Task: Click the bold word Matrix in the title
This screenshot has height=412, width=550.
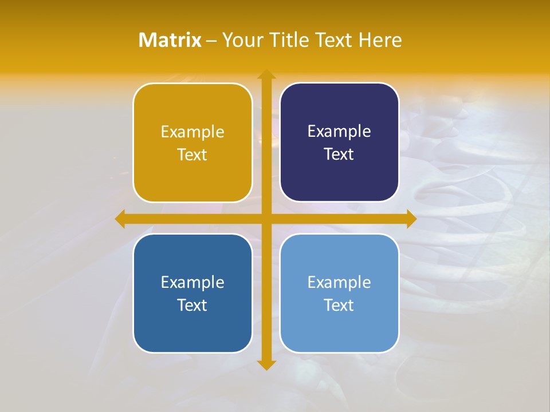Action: click(170, 40)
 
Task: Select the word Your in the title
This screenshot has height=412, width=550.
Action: click(240, 40)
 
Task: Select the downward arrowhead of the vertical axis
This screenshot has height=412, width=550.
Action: click(266, 365)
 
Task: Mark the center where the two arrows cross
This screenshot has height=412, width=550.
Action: click(266, 219)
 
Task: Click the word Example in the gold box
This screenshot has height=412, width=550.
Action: click(192, 132)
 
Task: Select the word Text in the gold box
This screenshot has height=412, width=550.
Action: click(192, 155)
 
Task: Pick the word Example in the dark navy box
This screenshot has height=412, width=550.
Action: click(339, 132)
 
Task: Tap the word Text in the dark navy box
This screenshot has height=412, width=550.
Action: click(339, 154)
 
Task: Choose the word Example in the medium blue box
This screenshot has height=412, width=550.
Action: click(192, 283)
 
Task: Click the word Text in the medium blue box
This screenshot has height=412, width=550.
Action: click(192, 306)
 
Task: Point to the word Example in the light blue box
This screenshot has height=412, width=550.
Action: click(339, 283)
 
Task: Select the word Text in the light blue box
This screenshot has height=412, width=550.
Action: click(339, 306)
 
